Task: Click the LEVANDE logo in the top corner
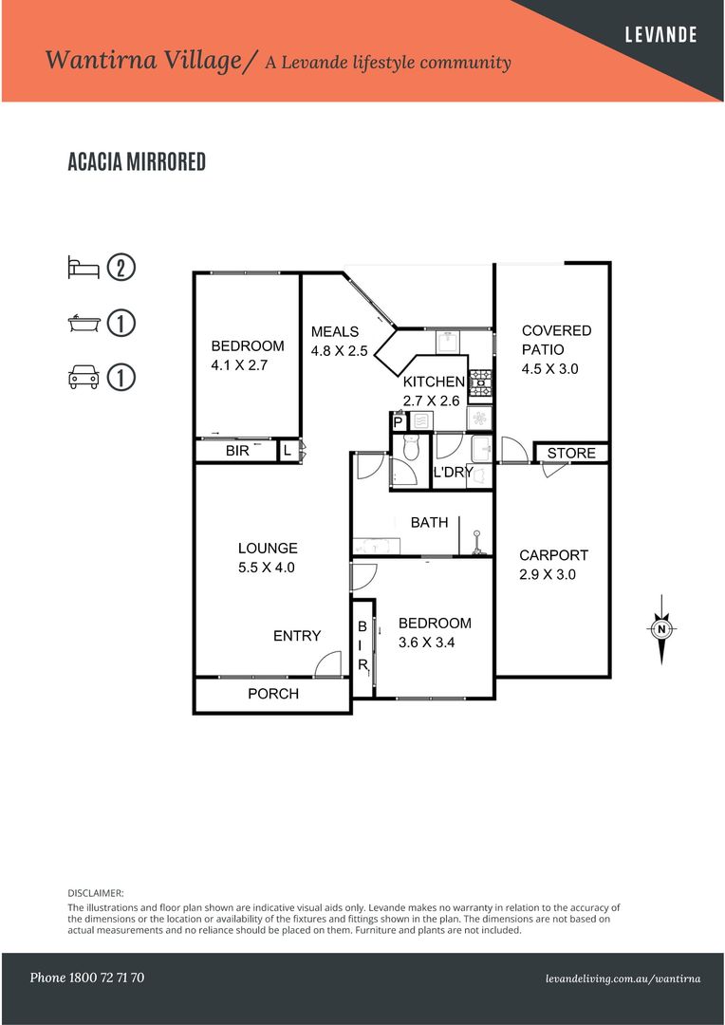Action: tap(660, 35)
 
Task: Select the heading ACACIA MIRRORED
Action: tap(137, 162)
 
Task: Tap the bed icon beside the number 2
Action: tap(84, 267)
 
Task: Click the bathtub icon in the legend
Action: tap(84, 323)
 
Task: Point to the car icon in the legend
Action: tap(84, 378)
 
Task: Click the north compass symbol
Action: tap(660, 628)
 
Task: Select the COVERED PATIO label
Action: tap(556, 340)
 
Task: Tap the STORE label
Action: tap(571, 453)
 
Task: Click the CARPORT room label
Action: tap(553, 555)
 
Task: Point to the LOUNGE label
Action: tap(268, 549)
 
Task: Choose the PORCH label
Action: tap(273, 694)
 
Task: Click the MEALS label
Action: tap(335, 331)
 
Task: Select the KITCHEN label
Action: tap(435, 382)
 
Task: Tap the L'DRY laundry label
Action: tap(454, 472)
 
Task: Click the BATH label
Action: tap(429, 523)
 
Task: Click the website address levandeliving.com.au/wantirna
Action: tap(623, 978)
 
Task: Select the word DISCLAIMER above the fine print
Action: tap(96, 893)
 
